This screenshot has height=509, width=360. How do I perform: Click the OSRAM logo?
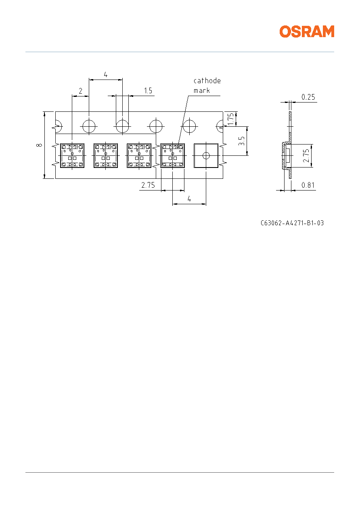coord(307,31)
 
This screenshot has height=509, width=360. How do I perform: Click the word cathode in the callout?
coord(207,81)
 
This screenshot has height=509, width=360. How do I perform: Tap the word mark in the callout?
coord(201,90)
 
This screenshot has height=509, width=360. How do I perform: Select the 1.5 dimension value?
coord(148,91)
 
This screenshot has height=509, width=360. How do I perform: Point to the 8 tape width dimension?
coord(39,145)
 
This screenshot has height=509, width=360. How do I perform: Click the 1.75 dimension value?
coord(230,119)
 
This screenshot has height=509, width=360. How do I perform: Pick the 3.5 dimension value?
coord(241,141)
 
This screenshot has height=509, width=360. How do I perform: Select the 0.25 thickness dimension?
coord(308,97)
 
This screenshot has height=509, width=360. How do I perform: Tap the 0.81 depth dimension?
coord(308,185)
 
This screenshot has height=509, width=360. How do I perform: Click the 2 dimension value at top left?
coord(80,91)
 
